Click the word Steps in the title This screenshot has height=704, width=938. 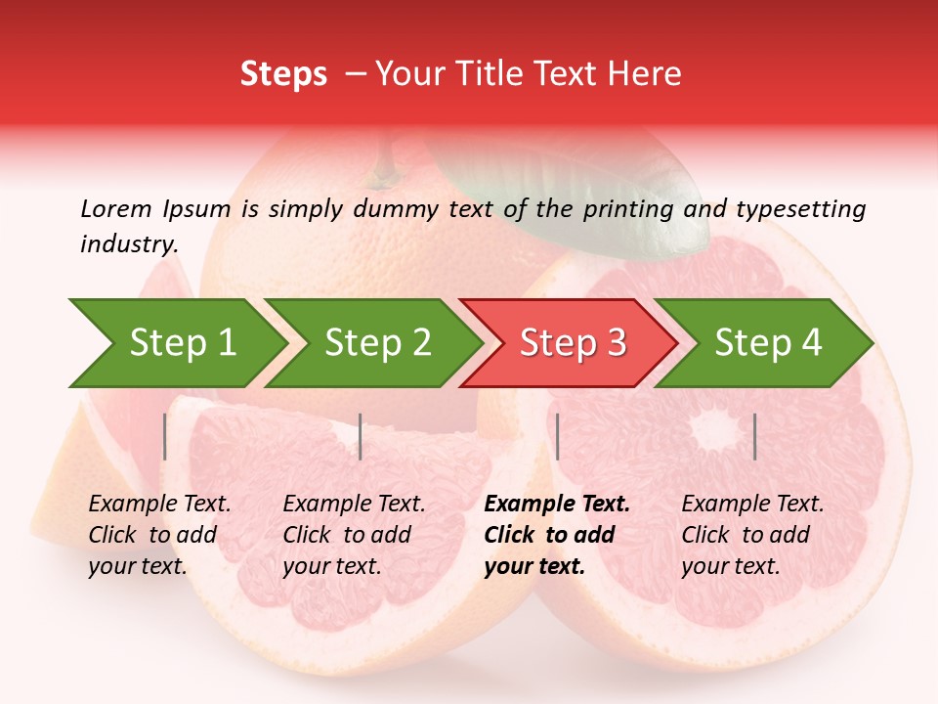point(283,74)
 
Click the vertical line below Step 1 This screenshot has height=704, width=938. point(165,436)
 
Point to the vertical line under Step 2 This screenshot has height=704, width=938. point(361,436)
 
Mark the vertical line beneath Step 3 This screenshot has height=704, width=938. point(557,436)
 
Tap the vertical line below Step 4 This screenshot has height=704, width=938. point(754,436)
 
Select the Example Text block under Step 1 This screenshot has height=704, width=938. point(159,535)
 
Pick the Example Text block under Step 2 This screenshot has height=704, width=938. point(354,535)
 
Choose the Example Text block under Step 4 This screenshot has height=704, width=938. point(752,535)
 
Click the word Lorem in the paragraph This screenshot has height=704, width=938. point(116,208)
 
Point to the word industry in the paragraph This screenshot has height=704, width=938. point(128,244)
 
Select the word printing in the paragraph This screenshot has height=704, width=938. point(628,208)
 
